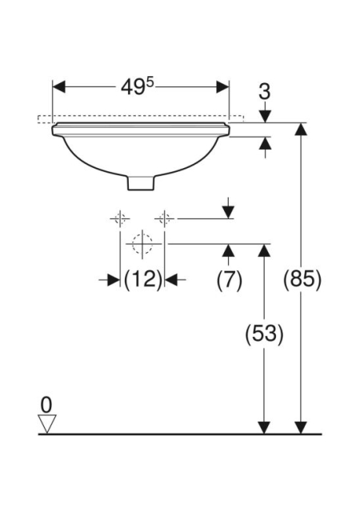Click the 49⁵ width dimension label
point(137,87)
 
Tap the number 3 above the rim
point(264,92)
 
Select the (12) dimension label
point(142,279)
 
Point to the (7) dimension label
point(230,279)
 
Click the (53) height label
point(264,334)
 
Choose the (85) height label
point(302,279)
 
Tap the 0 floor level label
point(46,405)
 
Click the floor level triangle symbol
point(47,424)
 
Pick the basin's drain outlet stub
point(140,183)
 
